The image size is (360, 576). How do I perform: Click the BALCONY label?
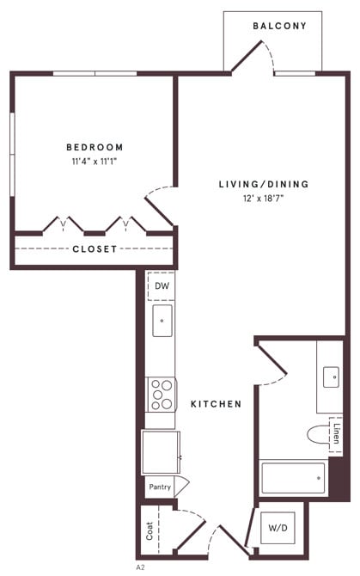tap(279, 27)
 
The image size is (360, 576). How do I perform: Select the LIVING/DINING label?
tap(263, 184)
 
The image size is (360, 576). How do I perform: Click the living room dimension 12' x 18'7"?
tap(263, 198)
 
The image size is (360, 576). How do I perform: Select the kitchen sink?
tap(162, 320)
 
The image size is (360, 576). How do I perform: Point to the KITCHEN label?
tap(216, 404)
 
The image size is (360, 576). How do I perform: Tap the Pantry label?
tap(160, 487)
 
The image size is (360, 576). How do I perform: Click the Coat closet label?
tap(149, 532)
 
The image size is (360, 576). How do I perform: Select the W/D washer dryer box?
tap(278, 529)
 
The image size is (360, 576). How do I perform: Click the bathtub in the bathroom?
tap(293, 478)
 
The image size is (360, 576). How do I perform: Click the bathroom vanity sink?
tap(330, 377)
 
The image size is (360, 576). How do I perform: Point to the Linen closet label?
tap(336, 434)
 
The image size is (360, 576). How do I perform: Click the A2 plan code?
tap(140, 567)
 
